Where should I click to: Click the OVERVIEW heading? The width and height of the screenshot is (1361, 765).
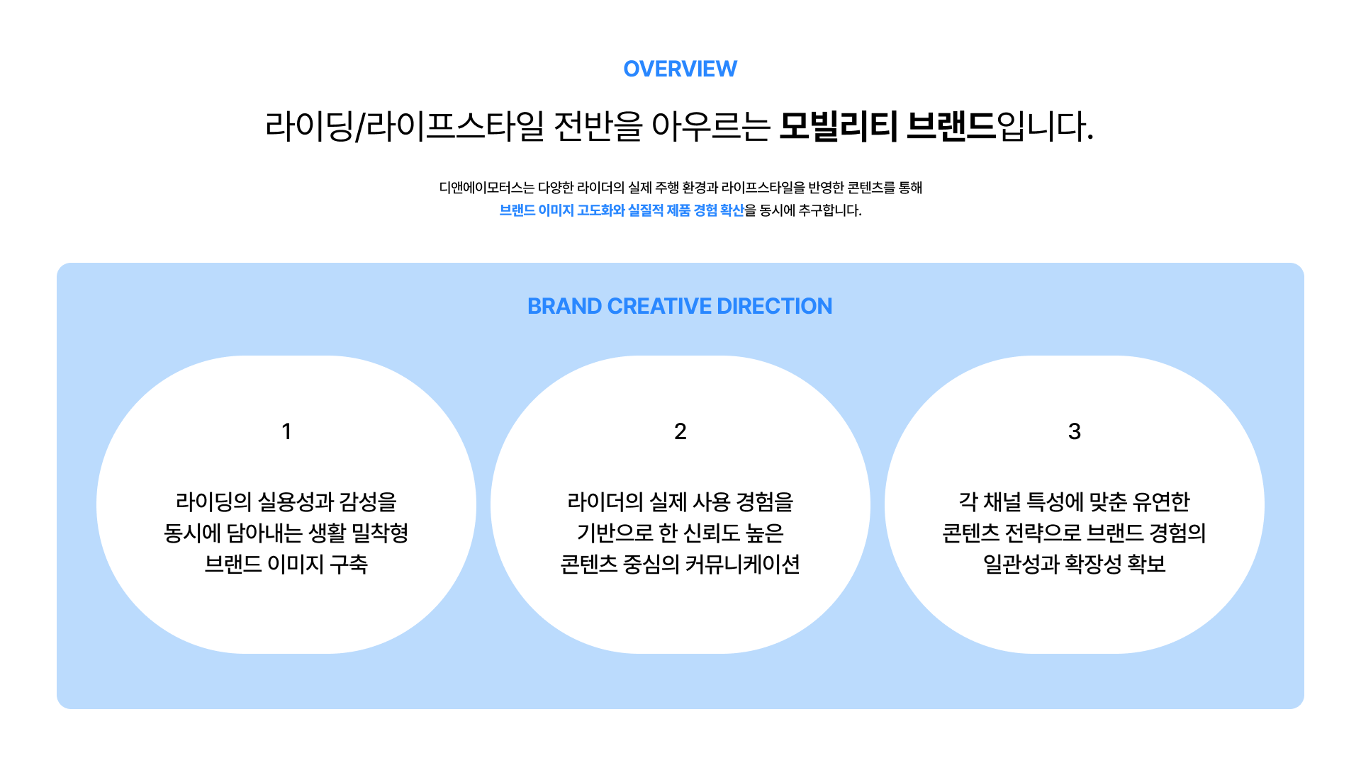click(x=680, y=69)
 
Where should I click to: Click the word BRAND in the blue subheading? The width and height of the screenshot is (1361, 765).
click(x=564, y=306)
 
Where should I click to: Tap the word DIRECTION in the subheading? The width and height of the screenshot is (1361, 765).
click(x=774, y=306)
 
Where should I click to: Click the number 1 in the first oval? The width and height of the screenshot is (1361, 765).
click(x=286, y=431)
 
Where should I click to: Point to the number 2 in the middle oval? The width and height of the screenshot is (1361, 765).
click(x=680, y=431)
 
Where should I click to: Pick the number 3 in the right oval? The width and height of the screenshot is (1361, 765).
click(x=1075, y=431)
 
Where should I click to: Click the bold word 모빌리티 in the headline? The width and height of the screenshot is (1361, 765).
click(x=838, y=127)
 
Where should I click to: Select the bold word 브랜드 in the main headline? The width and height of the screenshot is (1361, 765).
click(x=951, y=127)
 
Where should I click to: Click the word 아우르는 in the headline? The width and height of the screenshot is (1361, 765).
click(x=710, y=127)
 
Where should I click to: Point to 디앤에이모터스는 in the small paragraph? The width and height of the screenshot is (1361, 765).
click(x=486, y=188)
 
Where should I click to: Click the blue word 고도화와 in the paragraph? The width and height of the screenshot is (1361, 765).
click(x=601, y=210)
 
